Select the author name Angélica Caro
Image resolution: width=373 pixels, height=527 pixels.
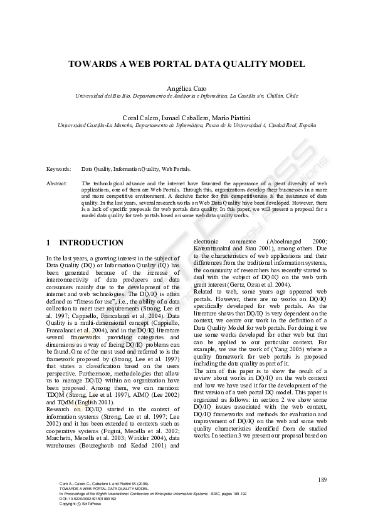[186, 88]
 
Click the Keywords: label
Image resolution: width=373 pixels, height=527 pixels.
[59, 169]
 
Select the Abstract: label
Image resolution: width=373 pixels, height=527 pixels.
[57, 183]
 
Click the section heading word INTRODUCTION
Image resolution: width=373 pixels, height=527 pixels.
[91, 243]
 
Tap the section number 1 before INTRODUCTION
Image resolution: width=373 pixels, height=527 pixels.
[49, 243]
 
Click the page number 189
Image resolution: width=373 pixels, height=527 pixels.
[322, 480]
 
